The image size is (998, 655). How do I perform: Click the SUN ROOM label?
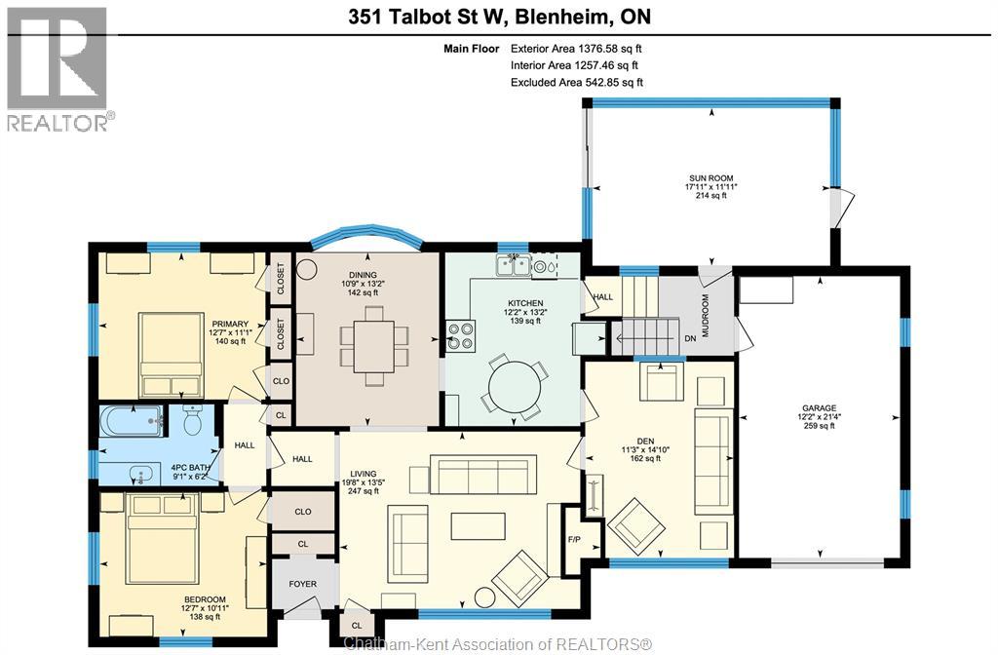point(710,178)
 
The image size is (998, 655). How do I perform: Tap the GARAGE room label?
point(819,408)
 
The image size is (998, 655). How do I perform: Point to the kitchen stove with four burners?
point(460,335)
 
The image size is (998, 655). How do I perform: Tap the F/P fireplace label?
point(573,539)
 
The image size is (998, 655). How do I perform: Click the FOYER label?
point(302,584)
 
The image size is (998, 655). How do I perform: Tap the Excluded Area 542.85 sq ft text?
point(577,83)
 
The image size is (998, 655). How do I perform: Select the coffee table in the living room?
point(478,525)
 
